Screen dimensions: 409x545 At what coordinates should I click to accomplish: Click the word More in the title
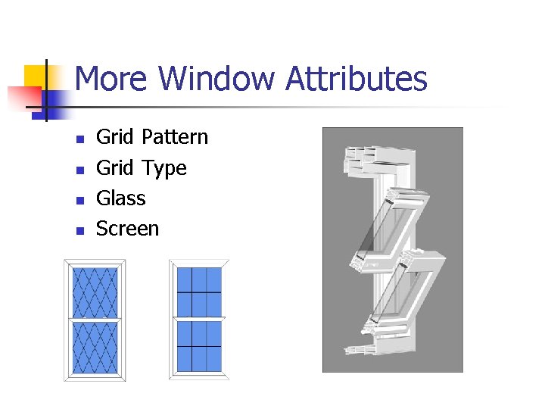click(x=114, y=79)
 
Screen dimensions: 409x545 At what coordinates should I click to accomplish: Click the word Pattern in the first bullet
click(x=174, y=137)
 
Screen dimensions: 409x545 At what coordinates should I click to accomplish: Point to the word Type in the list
click(x=163, y=167)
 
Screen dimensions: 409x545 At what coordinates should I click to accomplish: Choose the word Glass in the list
click(x=120, y=198)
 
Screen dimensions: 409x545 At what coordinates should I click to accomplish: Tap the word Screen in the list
click(x=127, y=229)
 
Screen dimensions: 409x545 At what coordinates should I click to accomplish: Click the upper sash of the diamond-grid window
click(x=95, y=292)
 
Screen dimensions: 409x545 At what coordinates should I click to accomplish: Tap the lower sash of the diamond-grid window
click(x=95, y=348)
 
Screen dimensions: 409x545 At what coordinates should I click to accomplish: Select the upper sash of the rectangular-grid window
click(x=199, y=291)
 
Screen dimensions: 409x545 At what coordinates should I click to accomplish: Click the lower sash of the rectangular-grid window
click(x=199, y=346)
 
